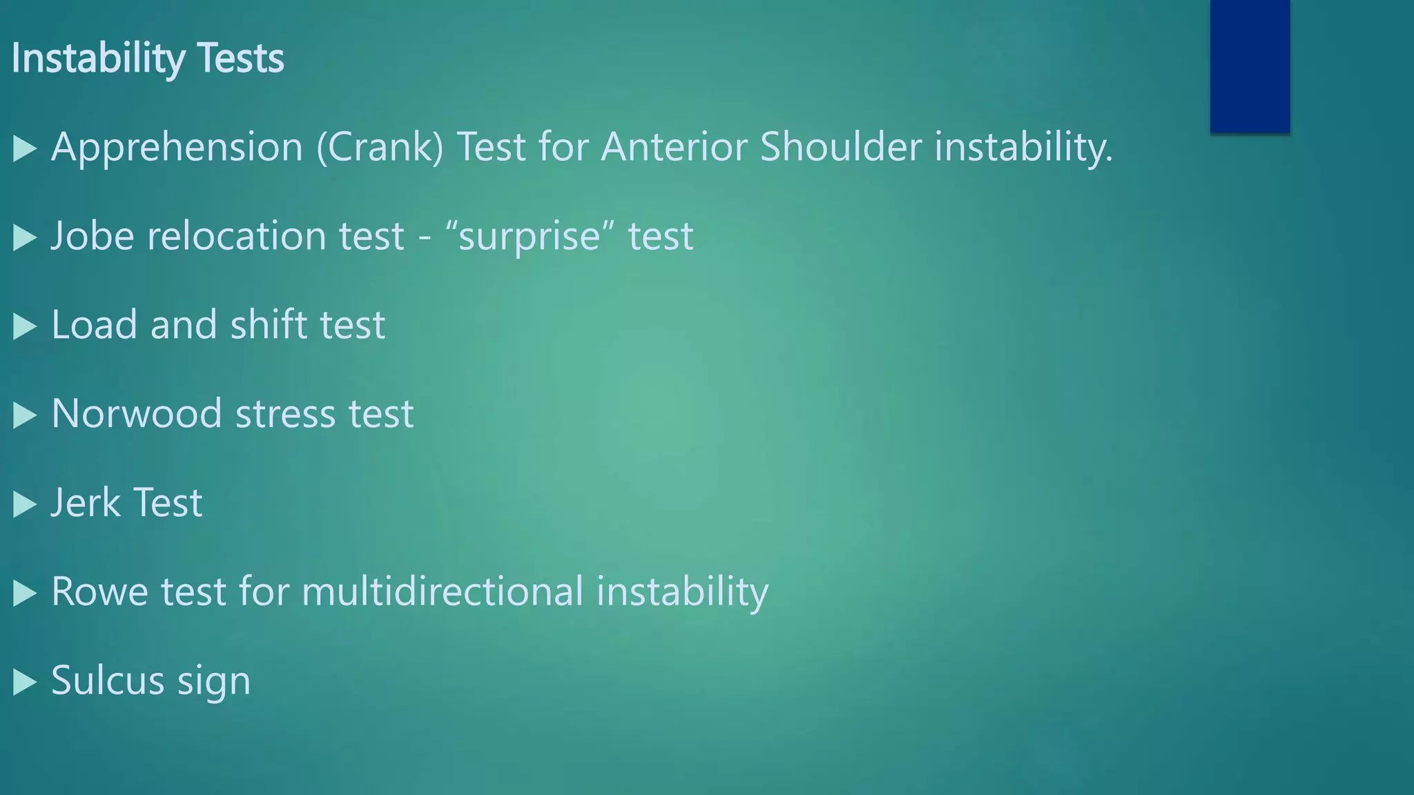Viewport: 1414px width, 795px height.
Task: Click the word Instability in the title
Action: (x=97, y=58)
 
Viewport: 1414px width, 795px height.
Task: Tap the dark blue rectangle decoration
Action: (x=1250, y=66)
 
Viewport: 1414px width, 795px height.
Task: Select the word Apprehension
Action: (x=177, y=148)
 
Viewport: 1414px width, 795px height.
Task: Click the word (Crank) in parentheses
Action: (x=380, y=148)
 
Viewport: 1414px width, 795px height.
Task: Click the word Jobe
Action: (x=93, y=236)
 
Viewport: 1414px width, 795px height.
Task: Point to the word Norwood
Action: (x=136, y=414)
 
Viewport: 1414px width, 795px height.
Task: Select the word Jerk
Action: (x=85, y=502)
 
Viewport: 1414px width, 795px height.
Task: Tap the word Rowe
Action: (x=99, y=592)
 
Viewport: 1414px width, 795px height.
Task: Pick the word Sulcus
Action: (x=107, y=680)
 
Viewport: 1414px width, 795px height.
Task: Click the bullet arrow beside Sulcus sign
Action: (x=24, y=682)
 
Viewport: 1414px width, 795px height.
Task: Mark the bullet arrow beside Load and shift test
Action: (x=24, y=326)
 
